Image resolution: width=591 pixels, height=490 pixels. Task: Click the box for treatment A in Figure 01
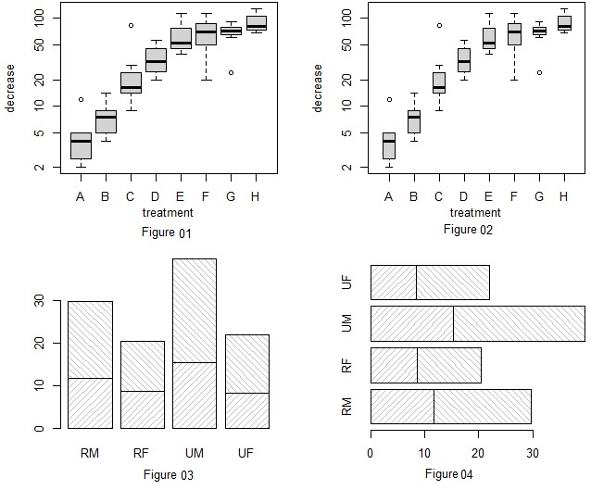[x=81, y=146]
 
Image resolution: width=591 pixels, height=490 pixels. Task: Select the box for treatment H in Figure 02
[x=564, y=23]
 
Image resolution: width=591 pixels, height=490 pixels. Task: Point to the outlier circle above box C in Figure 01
[x=131, y=26]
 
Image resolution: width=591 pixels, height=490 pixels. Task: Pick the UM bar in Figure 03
[x=194, y=344]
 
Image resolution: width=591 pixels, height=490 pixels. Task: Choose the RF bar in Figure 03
[x=142, y=384]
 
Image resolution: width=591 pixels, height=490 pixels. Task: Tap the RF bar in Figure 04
[x=425, y=365]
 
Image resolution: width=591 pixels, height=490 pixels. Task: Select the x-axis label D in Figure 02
[x=464, y=196]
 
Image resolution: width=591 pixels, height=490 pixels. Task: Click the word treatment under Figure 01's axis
[x=168, y=213]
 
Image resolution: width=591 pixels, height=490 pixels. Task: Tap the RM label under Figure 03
[x=90, y=454]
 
